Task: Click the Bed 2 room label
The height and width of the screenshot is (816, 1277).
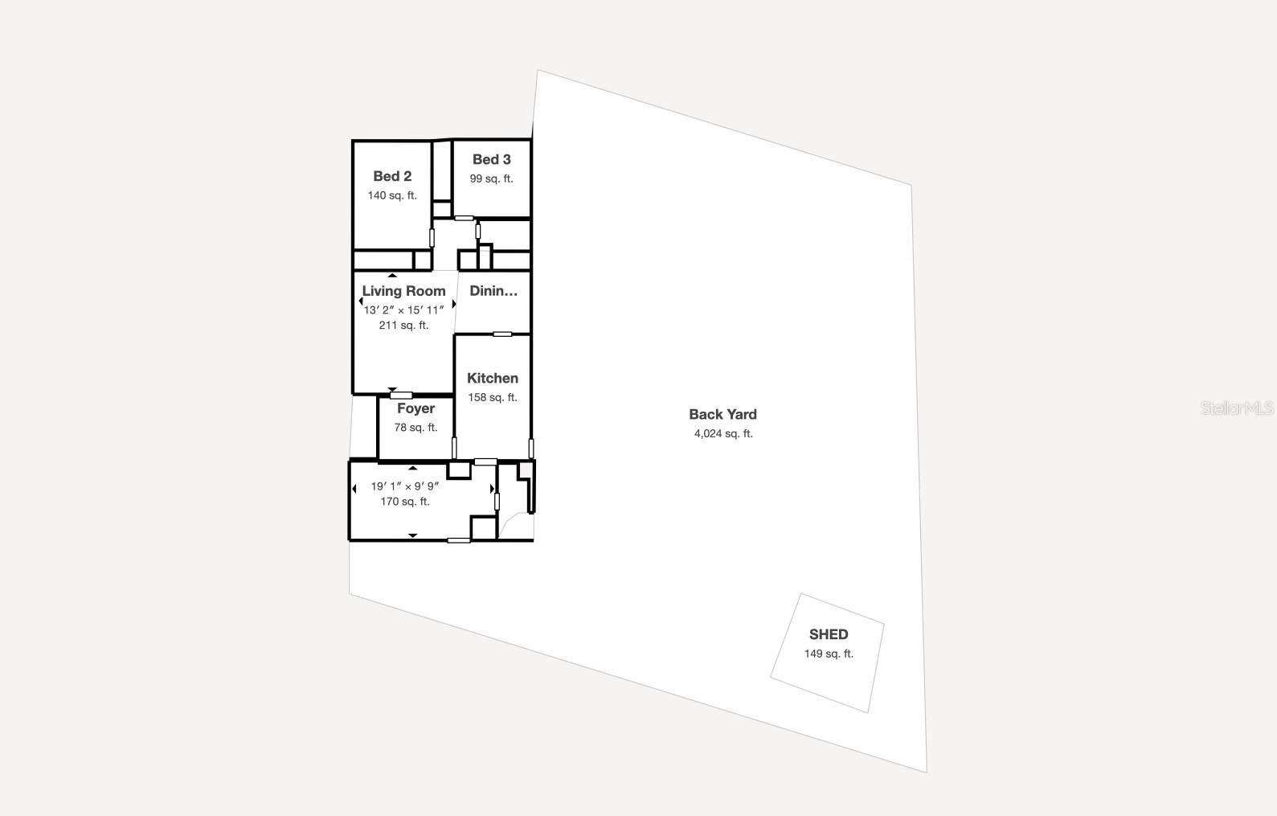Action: pos(392,176)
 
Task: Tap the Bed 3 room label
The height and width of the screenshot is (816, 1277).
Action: pos(491,159)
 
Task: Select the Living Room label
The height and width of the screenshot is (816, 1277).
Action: pos(403,291)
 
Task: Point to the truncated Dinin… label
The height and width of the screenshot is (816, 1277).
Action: pos(493,291)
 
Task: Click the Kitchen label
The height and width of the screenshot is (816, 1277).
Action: pos(493,378)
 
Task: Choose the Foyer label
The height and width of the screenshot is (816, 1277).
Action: pos(415,408)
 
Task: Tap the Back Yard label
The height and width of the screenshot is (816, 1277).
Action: pos(722,414)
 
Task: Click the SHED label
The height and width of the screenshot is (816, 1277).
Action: pos(829,634)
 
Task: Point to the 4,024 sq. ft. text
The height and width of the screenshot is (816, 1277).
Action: pos(723,434)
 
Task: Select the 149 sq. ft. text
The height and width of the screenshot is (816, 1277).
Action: pos(829,654)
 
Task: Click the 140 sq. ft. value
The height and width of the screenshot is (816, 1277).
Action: pos(392,195)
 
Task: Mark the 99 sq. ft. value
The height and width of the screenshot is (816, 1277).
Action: pos(491,178)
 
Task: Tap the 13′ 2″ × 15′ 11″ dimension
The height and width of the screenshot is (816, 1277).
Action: pos(403,310)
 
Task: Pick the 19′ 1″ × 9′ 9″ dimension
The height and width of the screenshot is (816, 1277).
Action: pos(405,486)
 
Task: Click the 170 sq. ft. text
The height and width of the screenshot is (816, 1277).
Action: pos(405,502)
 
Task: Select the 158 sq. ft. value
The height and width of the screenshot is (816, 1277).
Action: pos(493,397)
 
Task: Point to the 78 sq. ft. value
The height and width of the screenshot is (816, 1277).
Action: pos(415,428)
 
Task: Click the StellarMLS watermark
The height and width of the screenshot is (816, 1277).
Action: pos(1237,408)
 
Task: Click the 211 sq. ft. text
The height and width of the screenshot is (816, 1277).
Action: pos(403,326)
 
